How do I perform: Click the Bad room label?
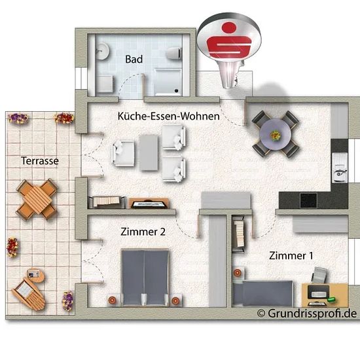tap(134, 59)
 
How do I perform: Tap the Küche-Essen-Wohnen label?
tap(168, 116)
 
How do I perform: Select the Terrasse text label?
tap(40, 161)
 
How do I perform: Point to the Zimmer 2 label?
tap(143, 232)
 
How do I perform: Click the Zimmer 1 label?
tap(291, 255)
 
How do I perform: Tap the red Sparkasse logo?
tap(228, 41)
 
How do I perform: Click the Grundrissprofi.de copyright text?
tap(307, 314)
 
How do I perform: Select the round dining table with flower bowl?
tap(276, 134)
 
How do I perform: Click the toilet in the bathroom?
tap(174, 53)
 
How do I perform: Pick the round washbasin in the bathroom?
tap(101, 51)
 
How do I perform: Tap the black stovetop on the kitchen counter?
tap(308, 200)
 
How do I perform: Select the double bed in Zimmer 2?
tap(145, 278)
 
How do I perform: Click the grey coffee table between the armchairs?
tap(149, 153)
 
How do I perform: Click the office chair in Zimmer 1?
tap(319, 275)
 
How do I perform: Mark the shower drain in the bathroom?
tap(176, 91)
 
